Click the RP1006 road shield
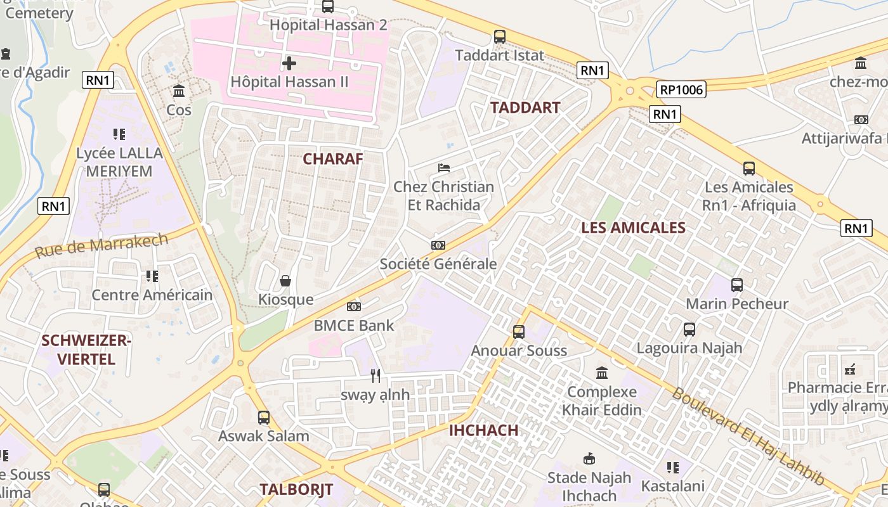[x=681, y=89]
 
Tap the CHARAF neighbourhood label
[x=333, y=159]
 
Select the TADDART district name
[x=525, y=108]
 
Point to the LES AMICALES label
[x=633, y=228]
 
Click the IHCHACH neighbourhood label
[x=483, y=430]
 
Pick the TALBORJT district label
[x=296, y=489]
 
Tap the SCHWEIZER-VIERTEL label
[x=86, y=350]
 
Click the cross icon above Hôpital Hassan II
[x=289, y=63]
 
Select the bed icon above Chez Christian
[x=444, y=168]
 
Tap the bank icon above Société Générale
[x=438, y=245]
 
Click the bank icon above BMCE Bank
[x=354, y=307]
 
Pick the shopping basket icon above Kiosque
[x=285, y=280]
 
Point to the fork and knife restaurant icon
[x=375, y=376]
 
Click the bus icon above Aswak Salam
[x=264, y=418]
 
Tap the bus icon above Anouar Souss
[x=519, y=331]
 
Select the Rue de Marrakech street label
[x=101, y=246]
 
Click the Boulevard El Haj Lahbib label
[x=748, y=436]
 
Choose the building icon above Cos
[x=179, y=91]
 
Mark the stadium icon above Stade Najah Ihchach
[x=589, y=458]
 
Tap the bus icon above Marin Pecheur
[x=737, y=285]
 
